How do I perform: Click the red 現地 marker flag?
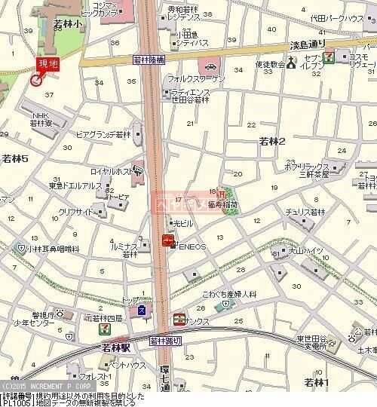point(48,66)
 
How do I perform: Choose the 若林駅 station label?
point(117,349)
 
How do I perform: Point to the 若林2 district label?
point(272,141)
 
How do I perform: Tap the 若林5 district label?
point(15,159)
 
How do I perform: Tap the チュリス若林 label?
point(299,213)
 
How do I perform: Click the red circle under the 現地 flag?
point(35,80)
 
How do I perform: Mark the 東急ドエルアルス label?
point(75,185)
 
